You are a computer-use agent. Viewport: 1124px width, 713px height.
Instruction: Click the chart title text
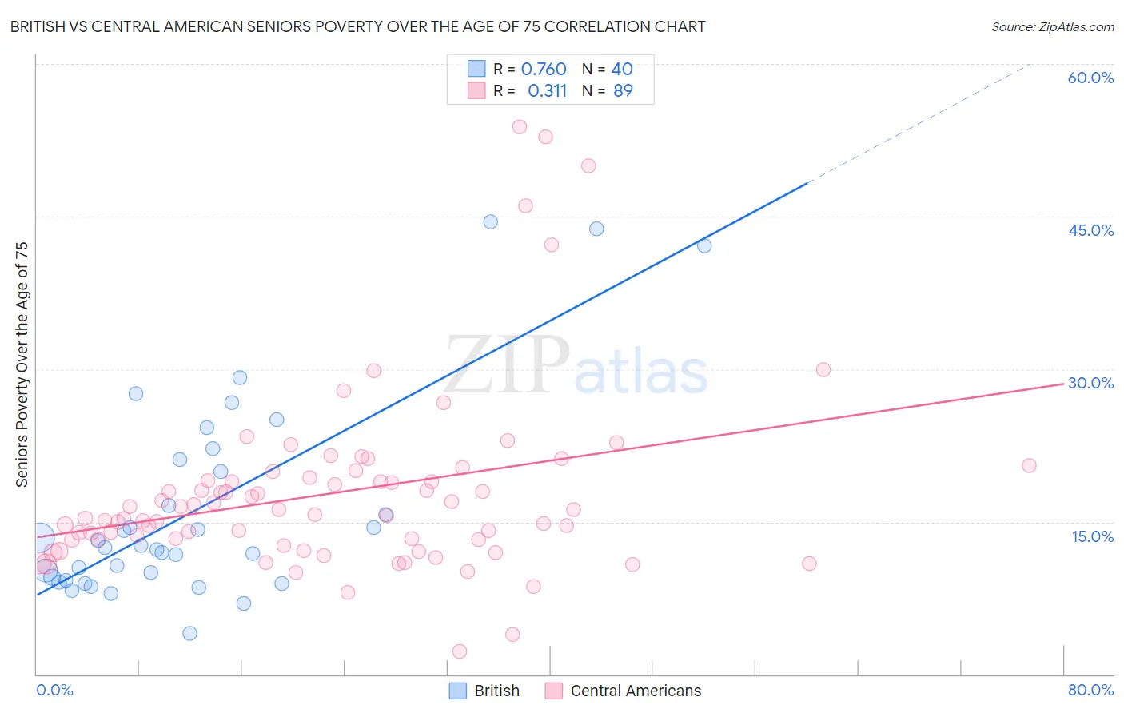point(357,26)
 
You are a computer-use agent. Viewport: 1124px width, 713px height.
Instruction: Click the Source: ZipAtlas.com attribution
point(1052,26)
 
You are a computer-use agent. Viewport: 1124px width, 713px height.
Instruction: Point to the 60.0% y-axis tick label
point(1090,78)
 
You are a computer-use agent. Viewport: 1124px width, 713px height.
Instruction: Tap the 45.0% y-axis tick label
point(1090,230)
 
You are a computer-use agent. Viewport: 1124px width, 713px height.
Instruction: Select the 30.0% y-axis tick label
point(1090,383)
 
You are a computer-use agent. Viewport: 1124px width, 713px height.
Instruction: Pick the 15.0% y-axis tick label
point(1092,536)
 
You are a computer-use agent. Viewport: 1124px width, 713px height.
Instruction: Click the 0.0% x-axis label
point(54,690)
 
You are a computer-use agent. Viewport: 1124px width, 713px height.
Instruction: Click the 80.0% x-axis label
point(1090,690)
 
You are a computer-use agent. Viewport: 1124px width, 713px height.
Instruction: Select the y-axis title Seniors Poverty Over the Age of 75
point(22,364)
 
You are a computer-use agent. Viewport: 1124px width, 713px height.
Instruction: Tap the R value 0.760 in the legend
point(544,70)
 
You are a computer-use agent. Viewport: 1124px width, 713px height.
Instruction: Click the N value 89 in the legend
point(623,91)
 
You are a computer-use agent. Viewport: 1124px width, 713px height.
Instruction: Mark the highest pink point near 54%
point(520,126)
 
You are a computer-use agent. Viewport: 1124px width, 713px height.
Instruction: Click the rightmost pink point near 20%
point(1029,465)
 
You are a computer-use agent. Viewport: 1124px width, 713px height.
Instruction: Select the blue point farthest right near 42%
point(704,245)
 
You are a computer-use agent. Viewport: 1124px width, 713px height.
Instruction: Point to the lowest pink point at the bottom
point(460,651)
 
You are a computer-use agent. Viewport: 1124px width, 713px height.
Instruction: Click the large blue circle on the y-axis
point(40,539)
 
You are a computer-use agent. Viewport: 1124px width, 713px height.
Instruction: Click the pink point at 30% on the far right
point(823,369)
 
